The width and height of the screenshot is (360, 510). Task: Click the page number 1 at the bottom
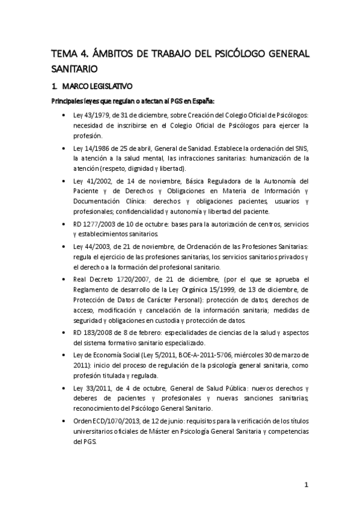(x=306, y=485)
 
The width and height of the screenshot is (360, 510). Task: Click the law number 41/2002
(x=93, y=180)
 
